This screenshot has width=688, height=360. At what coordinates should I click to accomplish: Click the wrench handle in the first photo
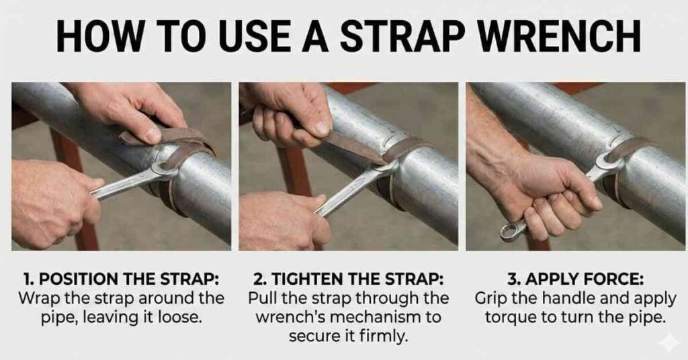coord(121,187)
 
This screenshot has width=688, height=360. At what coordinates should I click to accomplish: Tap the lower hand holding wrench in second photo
coord(282,218)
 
